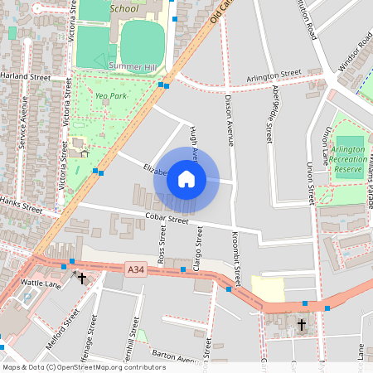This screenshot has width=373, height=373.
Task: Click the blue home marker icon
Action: (x=186, y=178)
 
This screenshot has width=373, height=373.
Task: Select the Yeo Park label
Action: (x=110, y=96)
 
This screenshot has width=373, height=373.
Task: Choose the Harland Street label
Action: (x=26, y=76)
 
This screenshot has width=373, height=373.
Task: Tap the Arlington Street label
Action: (x=274, y=75)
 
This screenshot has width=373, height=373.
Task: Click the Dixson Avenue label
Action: (x=229, y=120)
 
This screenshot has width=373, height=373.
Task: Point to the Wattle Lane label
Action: (x=41, y=283)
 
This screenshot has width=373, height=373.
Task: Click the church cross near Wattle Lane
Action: (x=82, y=278)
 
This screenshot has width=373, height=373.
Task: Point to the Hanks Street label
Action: (x=20, y=202)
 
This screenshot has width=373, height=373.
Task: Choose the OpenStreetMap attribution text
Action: (x=84, y=367)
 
